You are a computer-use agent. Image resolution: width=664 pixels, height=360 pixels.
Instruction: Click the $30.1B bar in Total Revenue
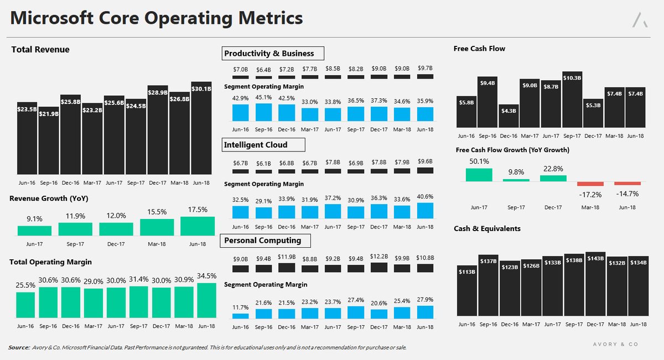201,128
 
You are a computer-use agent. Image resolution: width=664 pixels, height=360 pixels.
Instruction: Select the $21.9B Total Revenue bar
49,140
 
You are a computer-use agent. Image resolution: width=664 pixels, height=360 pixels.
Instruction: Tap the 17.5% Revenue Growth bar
198,226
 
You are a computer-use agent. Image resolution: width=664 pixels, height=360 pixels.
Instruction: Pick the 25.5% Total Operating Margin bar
25,305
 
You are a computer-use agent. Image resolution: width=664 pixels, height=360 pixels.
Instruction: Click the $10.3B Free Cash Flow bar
572,99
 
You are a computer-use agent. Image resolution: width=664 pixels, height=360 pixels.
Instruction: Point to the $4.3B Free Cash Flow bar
509,116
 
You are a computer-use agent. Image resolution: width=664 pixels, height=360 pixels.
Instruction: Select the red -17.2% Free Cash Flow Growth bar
590,184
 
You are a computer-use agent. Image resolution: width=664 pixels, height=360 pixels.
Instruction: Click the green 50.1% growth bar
479,175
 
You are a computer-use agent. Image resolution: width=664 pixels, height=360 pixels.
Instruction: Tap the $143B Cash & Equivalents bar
595,284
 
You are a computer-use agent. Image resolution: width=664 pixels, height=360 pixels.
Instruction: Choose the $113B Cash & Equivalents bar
467,291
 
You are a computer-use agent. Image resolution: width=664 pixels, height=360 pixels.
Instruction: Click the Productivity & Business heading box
273,53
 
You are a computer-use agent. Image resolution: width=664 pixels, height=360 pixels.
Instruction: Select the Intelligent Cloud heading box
263,144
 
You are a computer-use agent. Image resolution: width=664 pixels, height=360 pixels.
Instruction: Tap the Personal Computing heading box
265,241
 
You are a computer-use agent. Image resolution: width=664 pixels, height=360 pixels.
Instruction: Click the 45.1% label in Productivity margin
263,97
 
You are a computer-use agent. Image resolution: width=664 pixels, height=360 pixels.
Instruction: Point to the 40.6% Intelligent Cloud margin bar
425,211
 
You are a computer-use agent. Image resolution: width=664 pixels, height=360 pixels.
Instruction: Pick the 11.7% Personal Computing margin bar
240,316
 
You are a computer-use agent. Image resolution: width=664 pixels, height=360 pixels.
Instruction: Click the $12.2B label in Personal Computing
379,256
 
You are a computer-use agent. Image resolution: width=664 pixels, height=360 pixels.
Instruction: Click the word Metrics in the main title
271,18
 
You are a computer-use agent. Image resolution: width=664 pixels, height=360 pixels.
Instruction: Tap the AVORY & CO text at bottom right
615,345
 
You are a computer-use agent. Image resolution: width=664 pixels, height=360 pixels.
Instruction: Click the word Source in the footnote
19,347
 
